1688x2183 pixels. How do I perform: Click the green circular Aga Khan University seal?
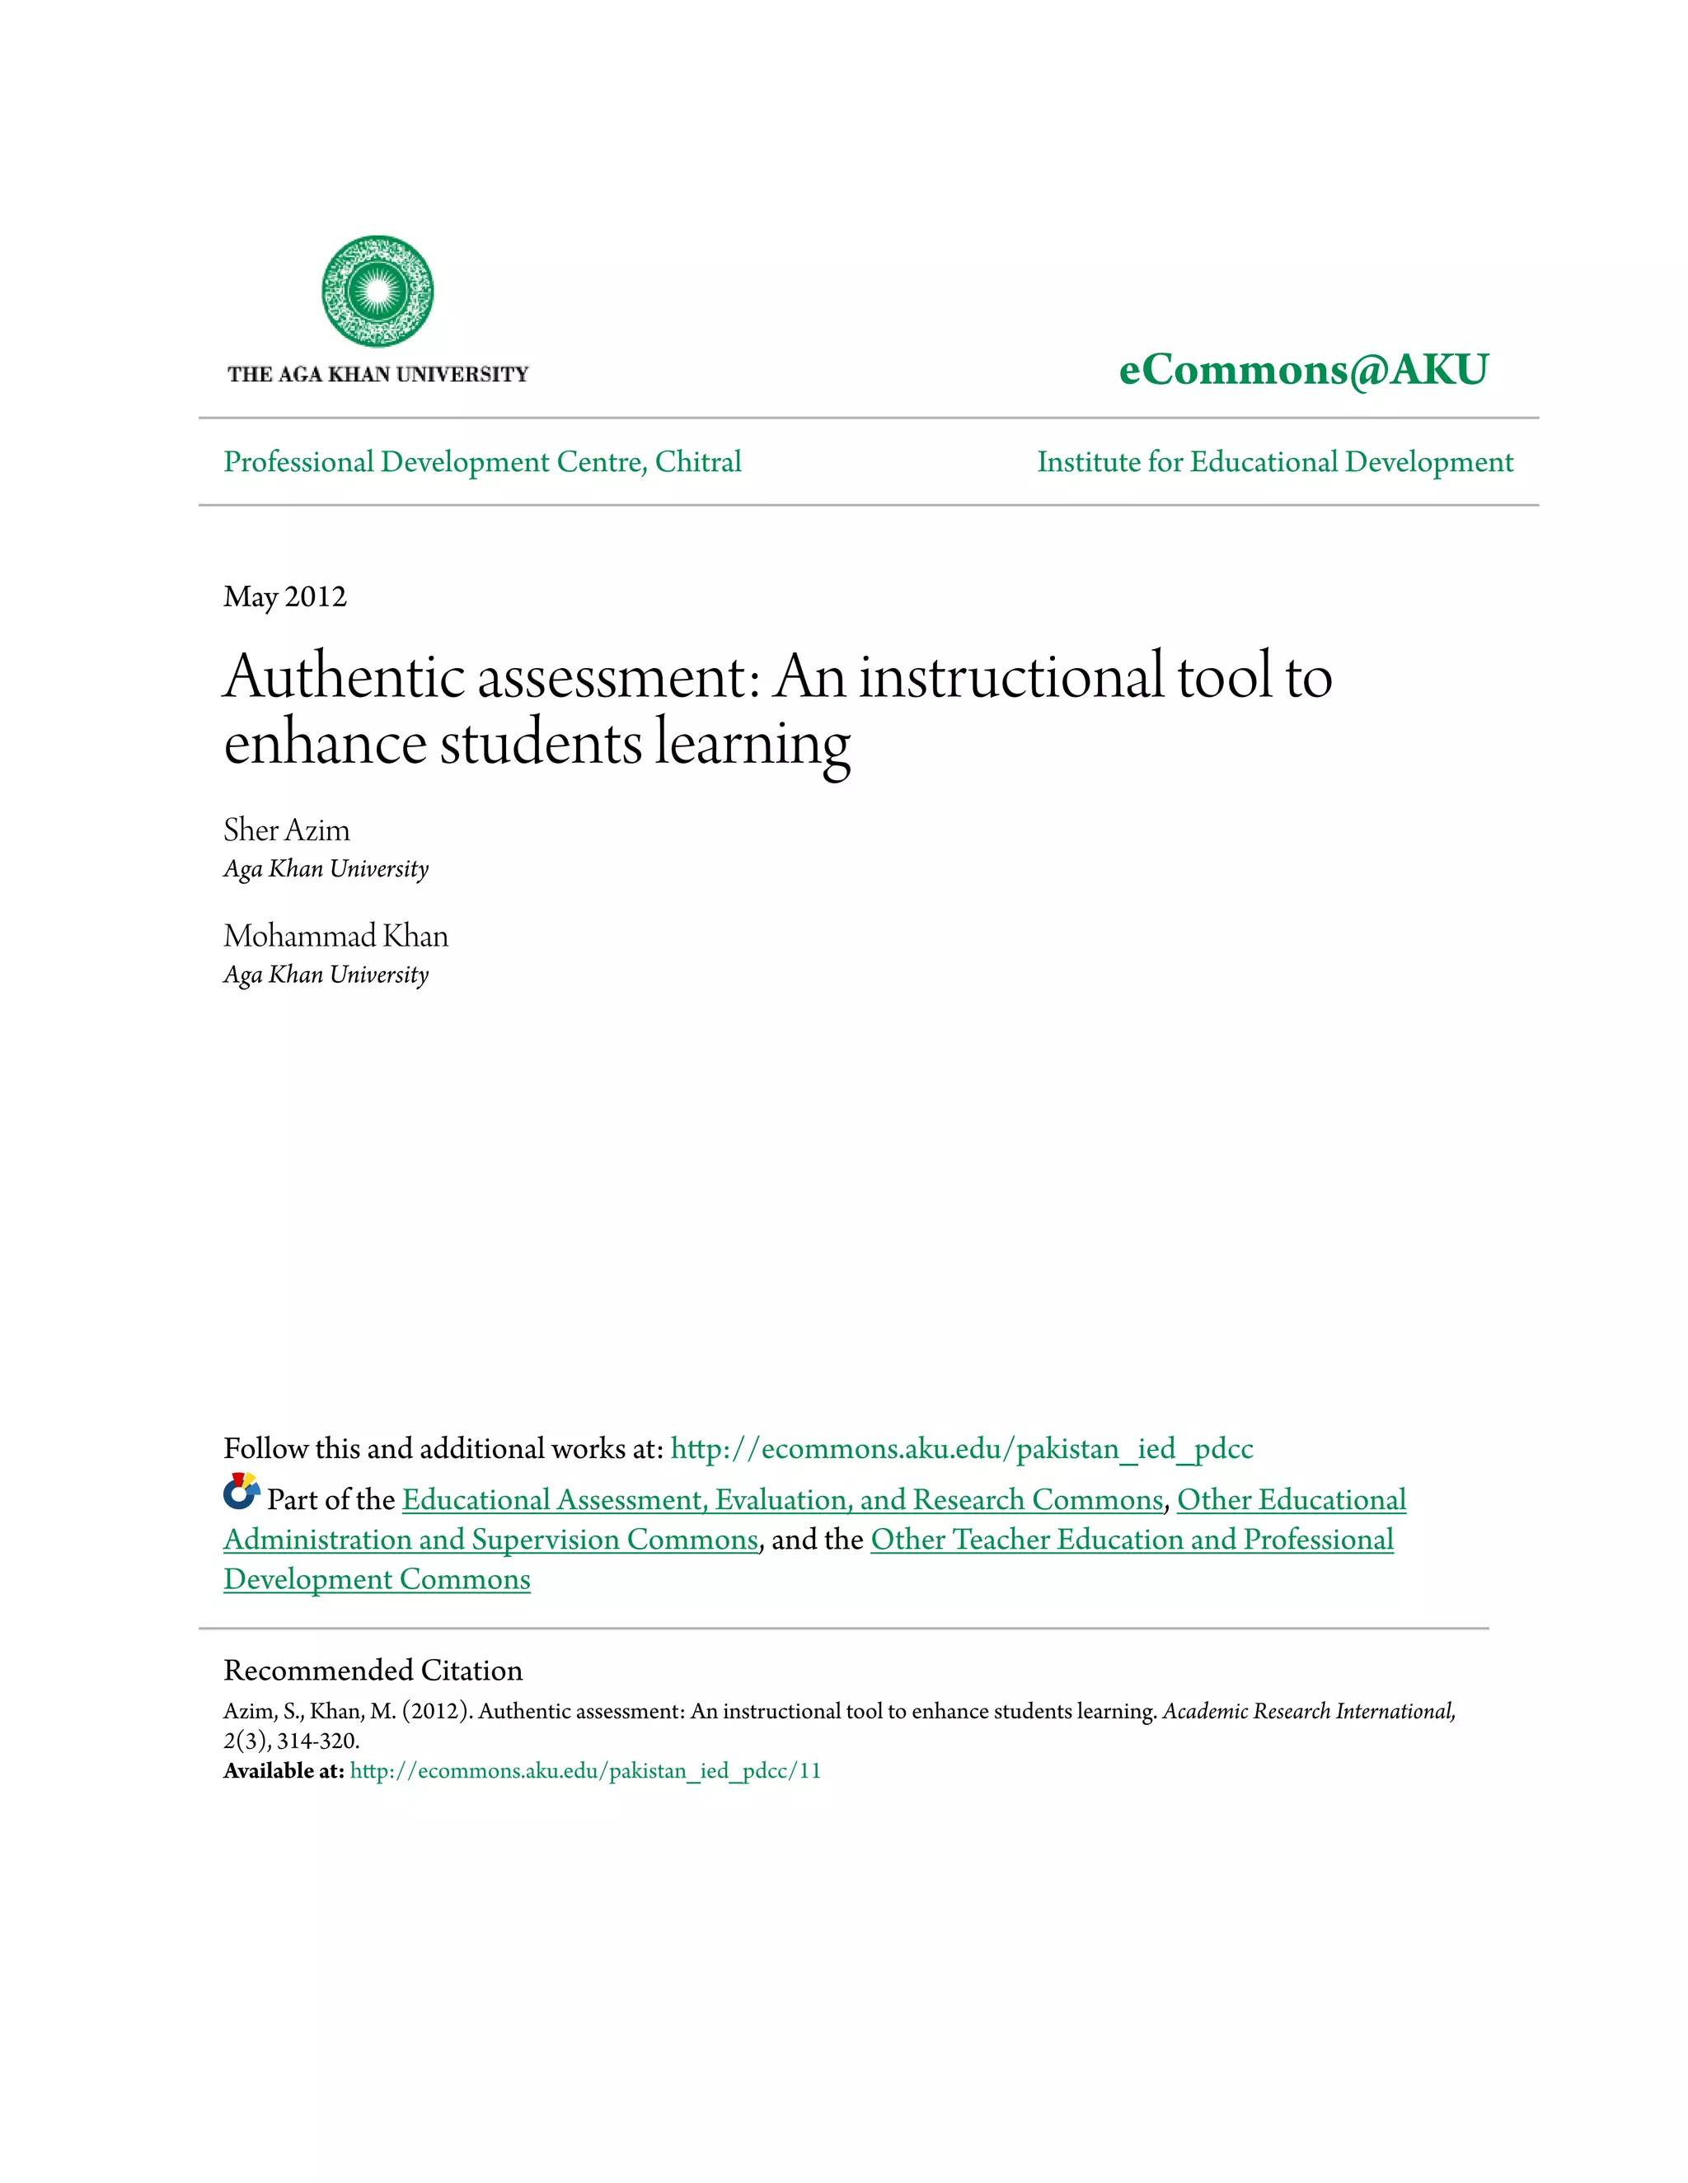tap(377, 291)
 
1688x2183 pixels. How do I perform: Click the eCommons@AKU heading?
tap(1303, 370)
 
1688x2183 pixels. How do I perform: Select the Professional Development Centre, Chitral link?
tap(482, 462)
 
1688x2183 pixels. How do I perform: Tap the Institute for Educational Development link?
tap(1275, 462)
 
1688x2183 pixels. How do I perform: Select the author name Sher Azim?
tap(286, 830)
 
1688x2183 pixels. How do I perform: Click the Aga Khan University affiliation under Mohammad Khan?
tap(326, 975)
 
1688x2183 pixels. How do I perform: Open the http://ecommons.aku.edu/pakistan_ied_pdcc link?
tap(961, 1448)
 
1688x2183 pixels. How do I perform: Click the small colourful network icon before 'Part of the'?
tap(241, 1493)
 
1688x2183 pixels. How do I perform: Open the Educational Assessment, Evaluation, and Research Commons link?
tap(782, 1499)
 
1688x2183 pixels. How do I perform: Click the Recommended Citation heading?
tap(372, 1671)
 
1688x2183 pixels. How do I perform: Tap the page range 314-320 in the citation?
tap(317, 1741)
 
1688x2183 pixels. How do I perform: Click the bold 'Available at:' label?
tap(283, 1771)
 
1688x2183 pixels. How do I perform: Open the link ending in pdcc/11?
tap(585, 1771)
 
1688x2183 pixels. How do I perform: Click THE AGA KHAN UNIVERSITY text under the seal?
tap(377, 375)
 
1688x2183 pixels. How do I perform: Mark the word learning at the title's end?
tap(752, 744)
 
